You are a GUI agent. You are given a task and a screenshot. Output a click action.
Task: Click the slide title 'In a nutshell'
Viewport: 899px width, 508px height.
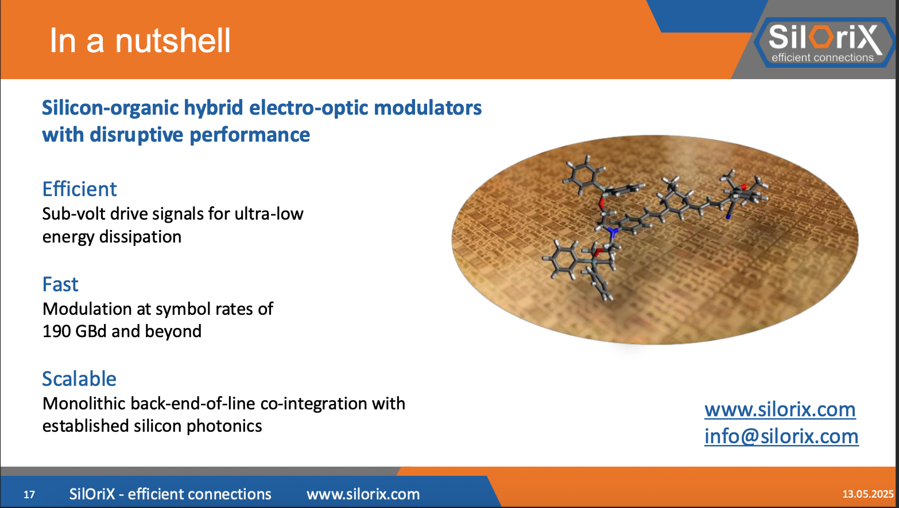[x=140, y=41]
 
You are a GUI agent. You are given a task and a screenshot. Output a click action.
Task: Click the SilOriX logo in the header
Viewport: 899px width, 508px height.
[x=824, y=41]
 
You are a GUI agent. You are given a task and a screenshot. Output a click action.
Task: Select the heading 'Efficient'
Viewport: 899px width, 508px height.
[x=79, y=189]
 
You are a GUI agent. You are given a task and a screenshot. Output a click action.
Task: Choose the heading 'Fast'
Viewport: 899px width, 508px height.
[x=60, y=284]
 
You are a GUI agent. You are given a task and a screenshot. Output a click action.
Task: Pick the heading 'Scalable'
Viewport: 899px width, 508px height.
[x=79, y=379]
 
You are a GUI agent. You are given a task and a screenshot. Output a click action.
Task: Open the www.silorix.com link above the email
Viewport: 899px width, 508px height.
[x=780, y=409]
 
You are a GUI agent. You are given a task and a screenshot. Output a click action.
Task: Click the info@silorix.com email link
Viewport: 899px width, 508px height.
[x=781, y=436]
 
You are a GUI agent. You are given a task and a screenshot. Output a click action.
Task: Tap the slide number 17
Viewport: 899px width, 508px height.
[x=29, y=494]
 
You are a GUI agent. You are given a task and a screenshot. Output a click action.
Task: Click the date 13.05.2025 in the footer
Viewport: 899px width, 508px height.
[x=867, y=494]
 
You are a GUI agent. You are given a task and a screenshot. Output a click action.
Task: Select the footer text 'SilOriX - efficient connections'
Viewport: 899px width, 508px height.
[x=170, y=494]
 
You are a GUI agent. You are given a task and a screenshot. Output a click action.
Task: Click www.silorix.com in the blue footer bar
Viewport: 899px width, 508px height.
[x=363, y=494]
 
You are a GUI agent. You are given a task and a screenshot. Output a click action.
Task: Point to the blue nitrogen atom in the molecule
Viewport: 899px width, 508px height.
[x=613, y=232]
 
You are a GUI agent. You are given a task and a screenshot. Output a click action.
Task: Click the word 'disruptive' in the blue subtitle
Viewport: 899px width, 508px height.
[x=137, y=135]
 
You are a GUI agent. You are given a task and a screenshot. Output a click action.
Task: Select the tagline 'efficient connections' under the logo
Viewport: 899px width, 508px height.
[x=822, y=57]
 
